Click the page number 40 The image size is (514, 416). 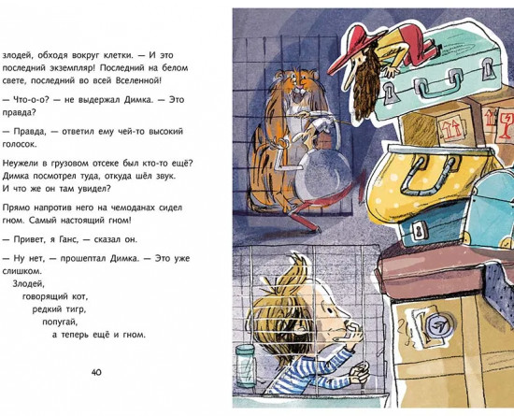click(x=96, y=372)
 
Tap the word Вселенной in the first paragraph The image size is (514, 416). click(x=139, y=80)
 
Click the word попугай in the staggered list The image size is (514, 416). click(x=61, y=323)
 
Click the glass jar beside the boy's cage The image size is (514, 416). click(x=246, y=366)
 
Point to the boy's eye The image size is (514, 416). click(x=326, y=309)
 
